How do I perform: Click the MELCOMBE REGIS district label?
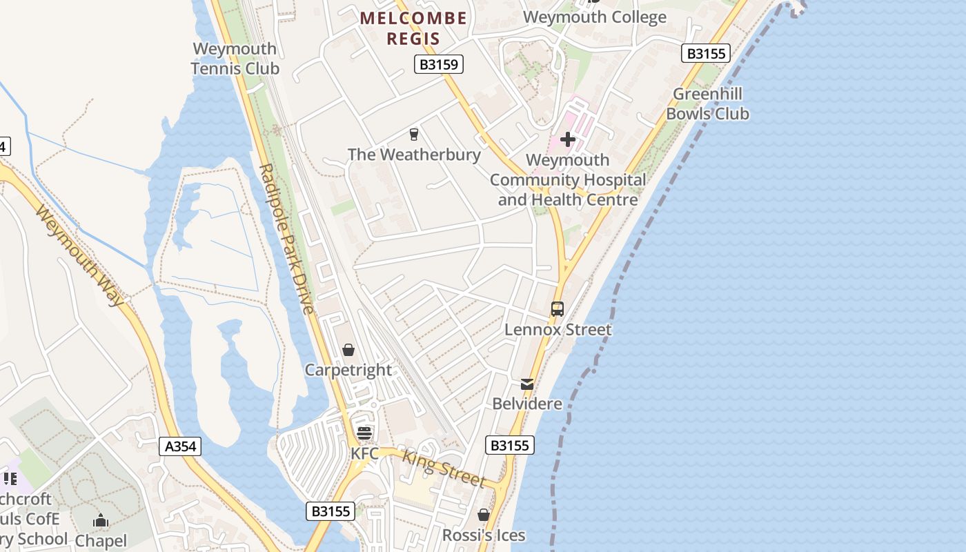(413, 28)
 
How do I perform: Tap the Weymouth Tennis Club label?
(235, 59)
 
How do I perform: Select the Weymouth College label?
(595, 17)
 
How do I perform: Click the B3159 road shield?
(439, 65)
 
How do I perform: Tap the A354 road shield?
(181, 446)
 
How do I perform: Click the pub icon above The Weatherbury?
(414, 134)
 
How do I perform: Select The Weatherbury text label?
(414, 155)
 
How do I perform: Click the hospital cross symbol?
(568, 140)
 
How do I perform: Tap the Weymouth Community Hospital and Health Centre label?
(568, 180)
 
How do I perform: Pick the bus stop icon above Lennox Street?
(558, 309)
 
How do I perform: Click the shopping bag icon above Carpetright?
(348, 350)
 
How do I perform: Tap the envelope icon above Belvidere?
(527, 384)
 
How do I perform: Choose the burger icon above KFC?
(364, 433)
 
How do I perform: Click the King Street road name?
(444, 469)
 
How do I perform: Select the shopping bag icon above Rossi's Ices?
(484, 515)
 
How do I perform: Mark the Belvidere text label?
(527, 404)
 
